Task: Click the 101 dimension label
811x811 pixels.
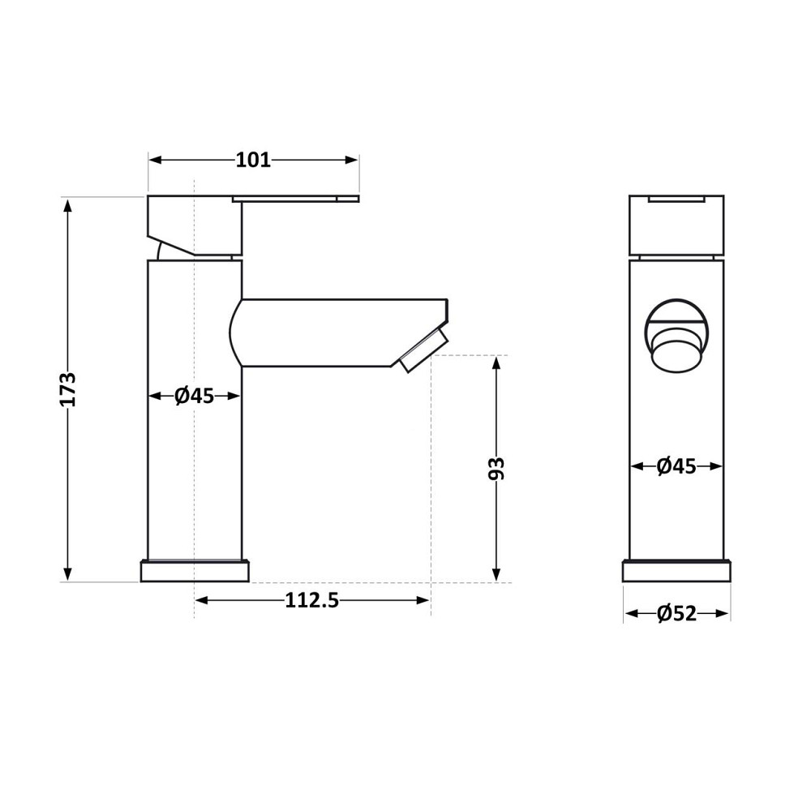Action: pyautogui.click(x=253, y=161)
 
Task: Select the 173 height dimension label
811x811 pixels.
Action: pyautogui.click(x=68, y=389)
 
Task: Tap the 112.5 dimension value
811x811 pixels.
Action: pyautogui.click(x=311, y=600)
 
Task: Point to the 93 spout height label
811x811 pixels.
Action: pyautogui.click(x=496, y=469)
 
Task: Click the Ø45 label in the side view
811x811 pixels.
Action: pyautogui.click(x=195, y=396)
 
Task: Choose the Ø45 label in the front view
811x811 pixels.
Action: pyautogui.click(x=676, y=466)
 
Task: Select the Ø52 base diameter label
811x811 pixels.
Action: pyautogui.click(x=676, y=614)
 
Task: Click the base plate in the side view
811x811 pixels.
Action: pyautogui.click(x=195, y=572)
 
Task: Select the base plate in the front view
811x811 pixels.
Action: pyautogui.click(x=676, y=572)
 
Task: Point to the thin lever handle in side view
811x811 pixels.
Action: pyautogui.click(x=296, y=198)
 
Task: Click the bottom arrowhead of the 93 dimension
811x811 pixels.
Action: pyautogui.click(x=496, y=575)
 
